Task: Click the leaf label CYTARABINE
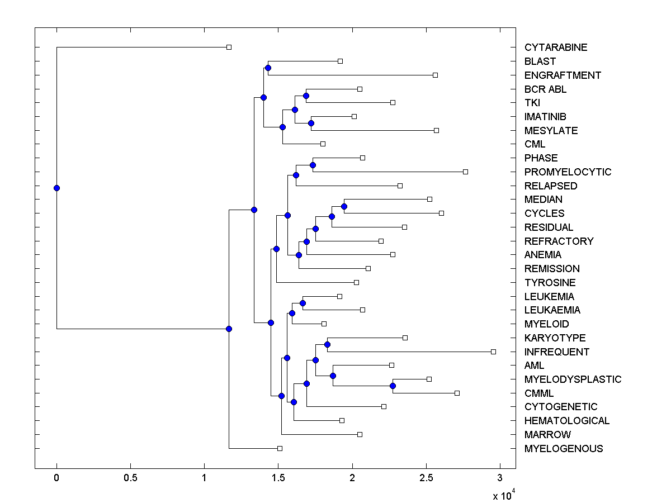(x=556, y=48)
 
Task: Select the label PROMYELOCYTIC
(x=568, y=172)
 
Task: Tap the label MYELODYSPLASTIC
(x=573, y=379)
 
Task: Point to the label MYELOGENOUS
(x=564, y=449)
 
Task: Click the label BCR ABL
(x=545, y=89)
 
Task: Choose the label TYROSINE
(x=550, y=283)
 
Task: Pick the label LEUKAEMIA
(x=552, y=310)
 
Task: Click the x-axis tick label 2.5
(x=426, y=479)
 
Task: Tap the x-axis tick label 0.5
(x=130, y=479)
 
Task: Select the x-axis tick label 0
(x=56, y=479)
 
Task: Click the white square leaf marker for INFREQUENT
(x=493, y=352)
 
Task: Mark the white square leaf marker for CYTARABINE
(x=229, y=47)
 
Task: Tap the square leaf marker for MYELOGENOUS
(x=280, y=448)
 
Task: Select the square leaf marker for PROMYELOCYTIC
(x=465, y=172)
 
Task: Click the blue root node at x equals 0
(x=56, y=188)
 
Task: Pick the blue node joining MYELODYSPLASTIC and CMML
(x=393, y=386)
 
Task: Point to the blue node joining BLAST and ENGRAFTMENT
(x=268, y=68)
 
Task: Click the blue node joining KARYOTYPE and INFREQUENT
(x=327, y=344)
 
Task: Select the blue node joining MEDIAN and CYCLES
(x=344, y=206)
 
